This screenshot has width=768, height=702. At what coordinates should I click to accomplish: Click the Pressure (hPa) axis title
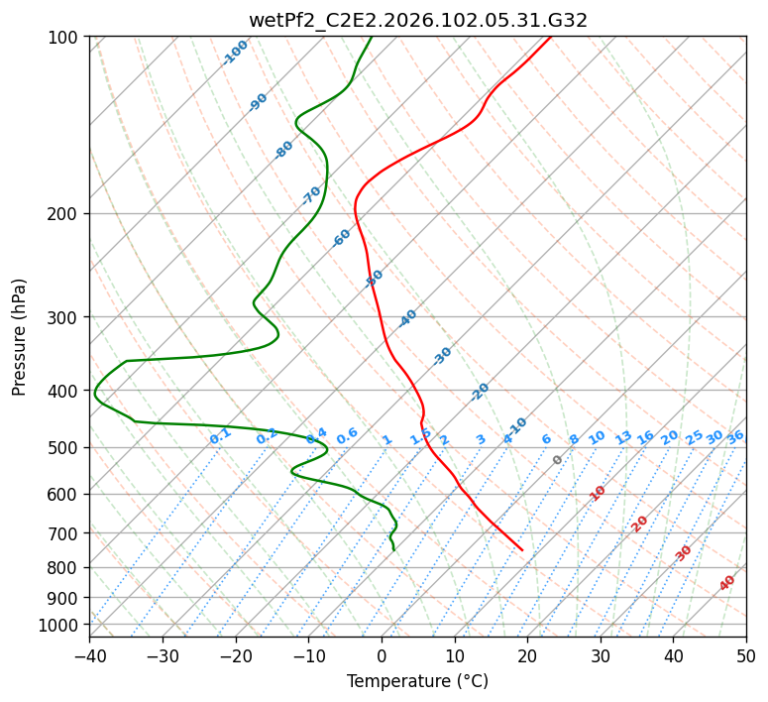click(19, 336)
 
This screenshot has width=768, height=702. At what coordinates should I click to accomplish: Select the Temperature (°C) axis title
click(417, 681)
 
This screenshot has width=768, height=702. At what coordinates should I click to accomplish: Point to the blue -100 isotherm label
click(235, 53)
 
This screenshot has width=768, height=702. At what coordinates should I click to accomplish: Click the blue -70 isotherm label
click(312, 194)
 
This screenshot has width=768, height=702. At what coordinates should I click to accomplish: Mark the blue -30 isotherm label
click(443, 355)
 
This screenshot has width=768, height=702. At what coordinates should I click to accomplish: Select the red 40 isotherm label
click(727, 583)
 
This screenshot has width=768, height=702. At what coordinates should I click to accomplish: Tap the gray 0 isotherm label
click(557, 460)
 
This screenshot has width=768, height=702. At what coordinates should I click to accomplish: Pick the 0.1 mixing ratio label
click(220, 435)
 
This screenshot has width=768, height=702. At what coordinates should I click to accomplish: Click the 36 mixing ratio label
click(735, 436)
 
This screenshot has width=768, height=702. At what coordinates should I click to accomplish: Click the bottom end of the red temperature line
click(522, 550)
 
